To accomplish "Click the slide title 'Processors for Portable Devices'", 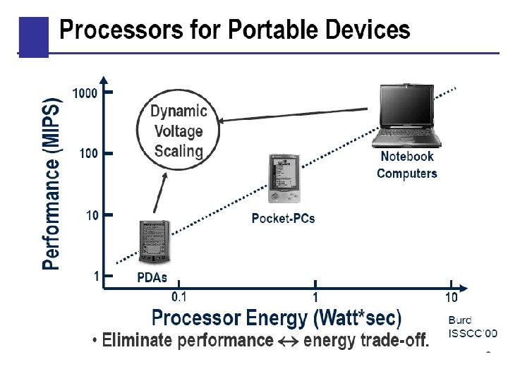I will coord(234,30).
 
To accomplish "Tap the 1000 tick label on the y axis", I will coord(85,93).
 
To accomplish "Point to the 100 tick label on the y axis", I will coord(88,153).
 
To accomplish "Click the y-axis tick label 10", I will coord(92,215).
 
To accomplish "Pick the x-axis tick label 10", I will coord(452,297).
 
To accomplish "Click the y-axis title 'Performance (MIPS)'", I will coord(52,183).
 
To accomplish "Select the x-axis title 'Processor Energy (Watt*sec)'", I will coord(277,317).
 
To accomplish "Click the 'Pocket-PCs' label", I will coord(283,219).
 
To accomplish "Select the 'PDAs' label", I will coord(152,277).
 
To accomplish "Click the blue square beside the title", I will coord(33,37).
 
